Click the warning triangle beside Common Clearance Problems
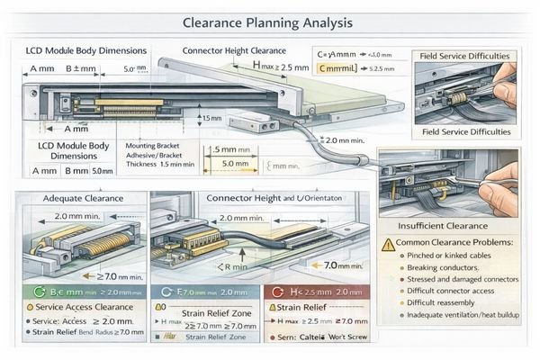[389, 244]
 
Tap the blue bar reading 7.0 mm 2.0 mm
[205, 292]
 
